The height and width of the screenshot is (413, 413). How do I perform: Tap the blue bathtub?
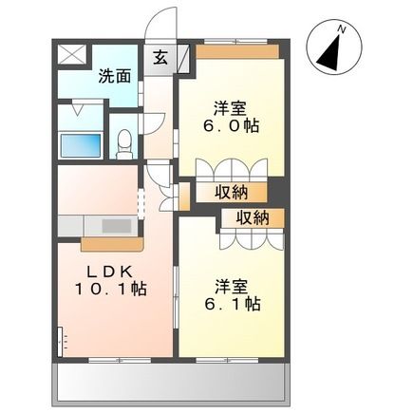pos(81,144)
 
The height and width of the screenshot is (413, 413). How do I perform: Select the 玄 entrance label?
pos(160,57)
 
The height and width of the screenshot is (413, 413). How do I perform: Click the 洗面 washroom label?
pos(114,76)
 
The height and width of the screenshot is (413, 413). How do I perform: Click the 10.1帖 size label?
pos(110,289)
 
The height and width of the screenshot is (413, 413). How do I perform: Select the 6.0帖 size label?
pos(232,125)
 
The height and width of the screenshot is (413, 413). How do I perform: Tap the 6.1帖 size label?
pos(233,304)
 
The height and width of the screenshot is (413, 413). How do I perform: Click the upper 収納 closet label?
pos(232,192)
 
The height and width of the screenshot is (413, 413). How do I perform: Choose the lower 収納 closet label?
pos(253,217)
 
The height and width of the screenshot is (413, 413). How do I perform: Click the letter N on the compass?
pos(341,29)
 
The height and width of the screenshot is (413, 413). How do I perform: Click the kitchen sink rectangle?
pos(116,226)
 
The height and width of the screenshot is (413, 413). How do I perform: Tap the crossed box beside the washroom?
pos(72,55)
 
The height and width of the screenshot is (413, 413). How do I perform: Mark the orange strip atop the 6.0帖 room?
pos(237,52)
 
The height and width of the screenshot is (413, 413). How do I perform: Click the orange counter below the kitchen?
pos(112,244)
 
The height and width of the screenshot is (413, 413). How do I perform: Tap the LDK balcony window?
pos(120,360)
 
